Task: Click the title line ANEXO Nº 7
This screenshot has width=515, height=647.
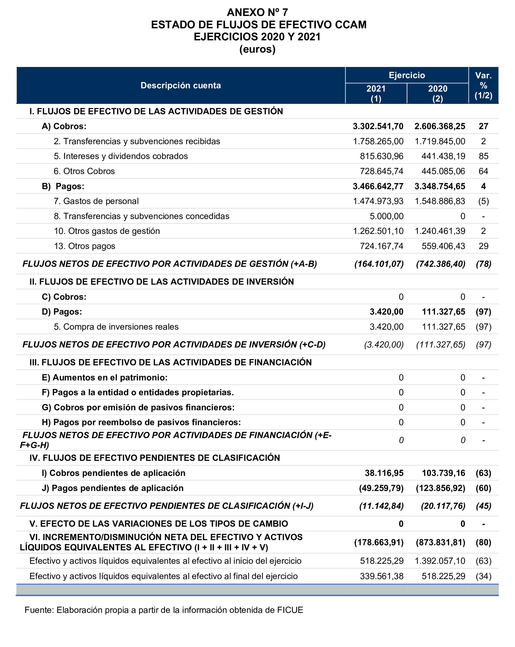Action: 257,12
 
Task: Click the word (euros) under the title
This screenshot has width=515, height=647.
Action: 257,49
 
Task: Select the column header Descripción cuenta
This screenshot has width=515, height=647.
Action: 180,85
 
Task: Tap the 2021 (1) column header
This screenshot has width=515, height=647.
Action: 376,93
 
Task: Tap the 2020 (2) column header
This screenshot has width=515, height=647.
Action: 437,93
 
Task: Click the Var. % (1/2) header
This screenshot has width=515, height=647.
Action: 483,85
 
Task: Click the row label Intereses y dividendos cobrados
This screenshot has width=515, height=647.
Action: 121,156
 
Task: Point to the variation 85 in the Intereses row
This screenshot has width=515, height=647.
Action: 483,156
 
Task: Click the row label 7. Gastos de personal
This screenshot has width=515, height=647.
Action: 96,201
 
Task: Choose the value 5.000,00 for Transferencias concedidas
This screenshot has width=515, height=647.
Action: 386,216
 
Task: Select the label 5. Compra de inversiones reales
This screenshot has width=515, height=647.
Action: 116,327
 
